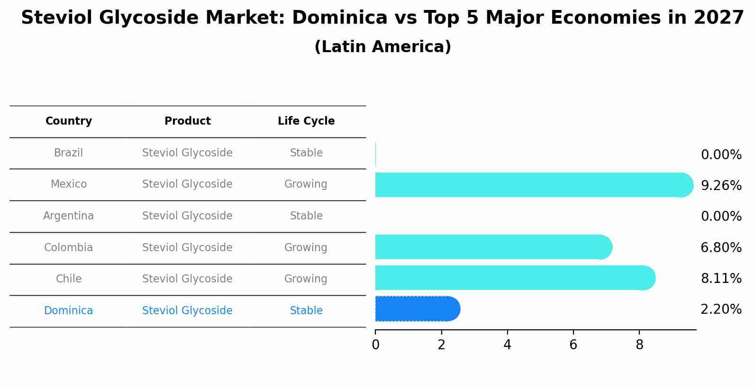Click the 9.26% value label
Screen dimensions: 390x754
tap(721, 185)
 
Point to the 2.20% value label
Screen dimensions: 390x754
tap(721, 309)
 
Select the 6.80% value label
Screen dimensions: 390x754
tap(721, 247)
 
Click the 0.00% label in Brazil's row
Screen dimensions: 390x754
tap(721, 154)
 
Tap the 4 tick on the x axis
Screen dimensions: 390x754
tap(507, 345)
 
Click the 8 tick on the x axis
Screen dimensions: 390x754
tap(639, 345)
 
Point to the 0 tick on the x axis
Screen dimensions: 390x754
tap(375, 345)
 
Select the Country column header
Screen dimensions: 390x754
tap(69, 121)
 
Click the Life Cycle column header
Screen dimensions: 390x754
tap(306, 121)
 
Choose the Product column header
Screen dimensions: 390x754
tap(187, 121)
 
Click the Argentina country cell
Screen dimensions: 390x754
tap(69, 216)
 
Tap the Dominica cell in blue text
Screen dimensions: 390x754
tap(69, 311)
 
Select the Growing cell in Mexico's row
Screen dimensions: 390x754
tap(306, 184)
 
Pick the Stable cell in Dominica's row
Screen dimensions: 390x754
tap(306, 311)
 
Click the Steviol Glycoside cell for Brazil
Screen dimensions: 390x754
tap(187, 153)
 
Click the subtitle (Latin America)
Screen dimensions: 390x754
tap(382, 47)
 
